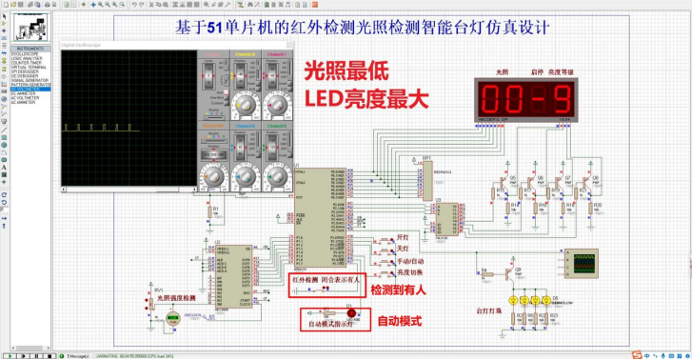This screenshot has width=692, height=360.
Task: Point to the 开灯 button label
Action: pos(403,238)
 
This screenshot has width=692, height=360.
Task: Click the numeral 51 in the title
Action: pos(212,27)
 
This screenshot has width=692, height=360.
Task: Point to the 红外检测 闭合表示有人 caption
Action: pos(326,280)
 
